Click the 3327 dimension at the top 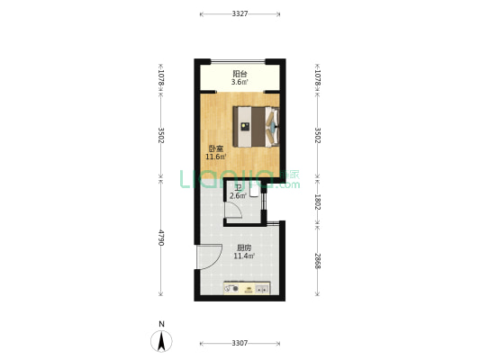pyautogui.click(x=240, y=13)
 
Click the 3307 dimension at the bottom pyautogui.click(x=240, y=343)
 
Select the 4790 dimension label pyautogui.click(x=161, y=238)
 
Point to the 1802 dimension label pyautogui.click(x=317, y=202)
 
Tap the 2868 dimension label pyautogui.click(x=317, y=261)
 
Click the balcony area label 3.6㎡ pyautogui.click(x=240, y=82)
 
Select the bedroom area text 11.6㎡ pyautogui.click(x=216, y=157)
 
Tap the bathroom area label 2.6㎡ pyautogui.click(x=238, y=196)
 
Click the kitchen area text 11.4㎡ pyautogui.click(x=244, y=256)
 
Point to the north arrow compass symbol pyautogui.click(x=161, y=341)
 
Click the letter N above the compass pyautogui.click(x=161, y=324)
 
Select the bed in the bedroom pyautogui.click(x=256, y=127)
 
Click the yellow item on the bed pyautogui.click(x=245, y=126)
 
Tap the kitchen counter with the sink pyautogui.click(x=247, y=288)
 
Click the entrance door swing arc pyautogui.click(x=215, y=260)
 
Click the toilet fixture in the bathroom pyautogui.click(x=254, y=192)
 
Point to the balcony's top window pyautogui.click(x=238, y=61)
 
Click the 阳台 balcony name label pyautogui.click(x=240, y=74)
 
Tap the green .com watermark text pyautogui.click(x=288, y=184)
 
